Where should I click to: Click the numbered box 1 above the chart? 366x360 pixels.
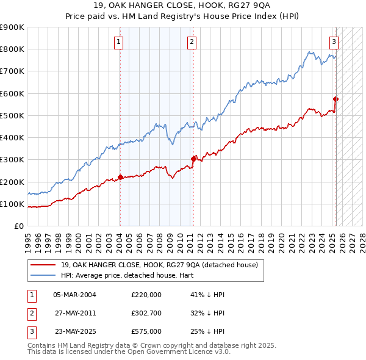click(119, 42)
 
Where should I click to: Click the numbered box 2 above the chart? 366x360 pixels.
click(192, 42)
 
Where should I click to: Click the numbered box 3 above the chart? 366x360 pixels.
click(334, 42)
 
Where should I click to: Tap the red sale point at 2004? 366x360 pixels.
click(120, 178)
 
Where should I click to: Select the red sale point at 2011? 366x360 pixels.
click(193, 159)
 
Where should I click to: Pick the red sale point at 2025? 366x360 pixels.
click(336, 99)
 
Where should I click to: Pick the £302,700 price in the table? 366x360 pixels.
click(146, 313)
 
